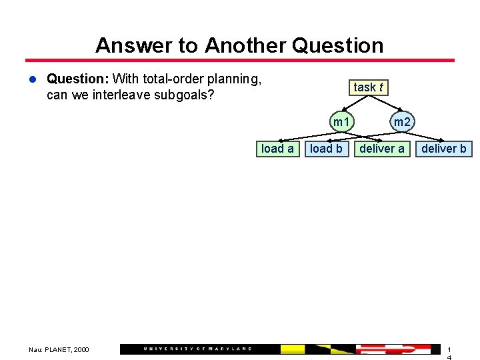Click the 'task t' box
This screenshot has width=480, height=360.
[369, 87]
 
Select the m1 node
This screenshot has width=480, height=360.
[342, 122]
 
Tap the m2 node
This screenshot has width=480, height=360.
[402, 122]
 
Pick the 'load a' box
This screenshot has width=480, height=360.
[277, 149]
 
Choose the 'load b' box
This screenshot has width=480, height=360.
[326, 149]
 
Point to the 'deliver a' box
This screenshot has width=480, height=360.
[381, 149]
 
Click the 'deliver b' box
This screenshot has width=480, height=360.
[444, 149]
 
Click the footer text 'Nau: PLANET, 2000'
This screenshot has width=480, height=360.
[59, 349]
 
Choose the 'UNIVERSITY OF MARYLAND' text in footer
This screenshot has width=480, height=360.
[198, 349]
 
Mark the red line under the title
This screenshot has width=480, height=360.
[240, 60]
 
